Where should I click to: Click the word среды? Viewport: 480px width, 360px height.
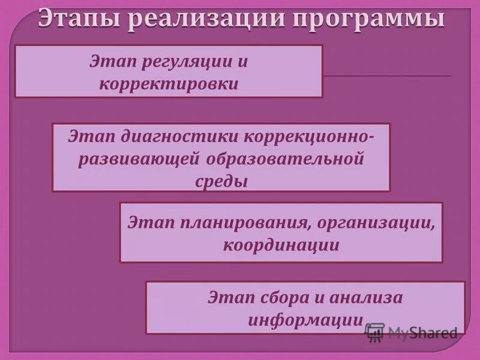[x=221, y=181]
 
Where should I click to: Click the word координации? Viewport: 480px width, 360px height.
[x=281, y=245]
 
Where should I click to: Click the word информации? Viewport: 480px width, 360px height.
[x=305, y=319]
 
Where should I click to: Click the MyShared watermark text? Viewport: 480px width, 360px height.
[x=422, y=333]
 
